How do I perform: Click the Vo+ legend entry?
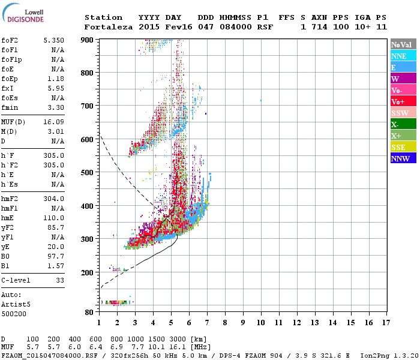point(397,101)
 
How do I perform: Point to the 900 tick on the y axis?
point(88,40)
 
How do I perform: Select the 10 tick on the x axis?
point(261,322)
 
